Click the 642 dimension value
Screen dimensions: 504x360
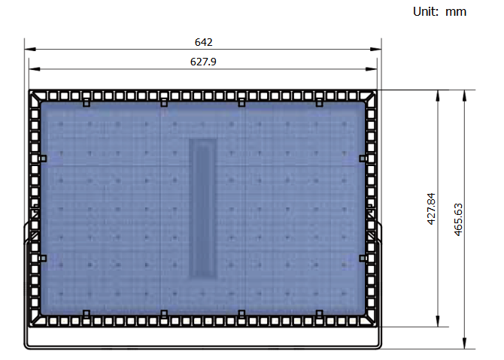click(x=203, y=42)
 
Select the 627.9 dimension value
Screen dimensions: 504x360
click(x=203, y=62)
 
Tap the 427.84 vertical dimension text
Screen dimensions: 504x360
click(x=431, y=209)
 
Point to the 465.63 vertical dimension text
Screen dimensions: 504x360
click(x=458, y=219)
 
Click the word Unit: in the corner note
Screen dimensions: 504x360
click(x=426, y=11)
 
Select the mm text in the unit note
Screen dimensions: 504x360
click(x=456, y=12)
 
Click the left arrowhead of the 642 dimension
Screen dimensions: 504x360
click(x=30, y=49)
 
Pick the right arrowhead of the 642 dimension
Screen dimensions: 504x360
click(x=376, y=49)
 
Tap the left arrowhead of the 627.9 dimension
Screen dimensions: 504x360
click(x=35, y=68)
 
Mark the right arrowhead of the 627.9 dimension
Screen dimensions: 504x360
click(x=372, y=68)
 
